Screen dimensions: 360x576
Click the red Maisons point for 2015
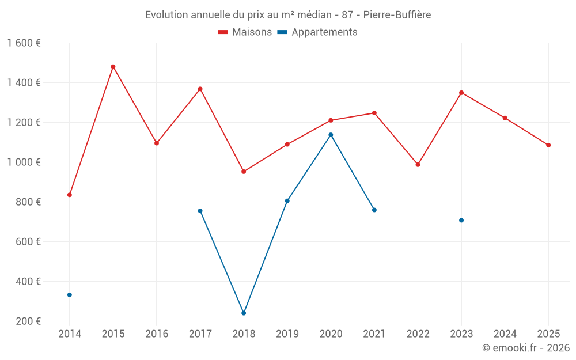coord(113,67)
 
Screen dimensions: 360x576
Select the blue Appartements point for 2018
coord(244,313)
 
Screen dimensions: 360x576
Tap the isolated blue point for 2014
coord(70,295)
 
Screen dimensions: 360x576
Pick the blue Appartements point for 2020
coord(331,135)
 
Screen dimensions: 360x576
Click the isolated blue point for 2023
coord(461,221)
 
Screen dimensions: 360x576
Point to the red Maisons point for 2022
coord(418,165)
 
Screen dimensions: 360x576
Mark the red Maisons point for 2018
coord(244,172)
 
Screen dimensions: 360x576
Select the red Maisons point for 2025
coord(548,145)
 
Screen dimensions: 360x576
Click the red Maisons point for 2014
coord(70,195)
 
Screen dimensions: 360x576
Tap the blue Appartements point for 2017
coord(200,211)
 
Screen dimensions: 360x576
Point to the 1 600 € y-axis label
coord(24,43)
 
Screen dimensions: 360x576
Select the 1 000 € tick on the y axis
coord(24,162)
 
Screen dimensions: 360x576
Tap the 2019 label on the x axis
coord(287,334)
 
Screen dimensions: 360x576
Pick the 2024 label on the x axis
coord(505,334)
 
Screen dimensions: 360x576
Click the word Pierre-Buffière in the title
coord(397,14)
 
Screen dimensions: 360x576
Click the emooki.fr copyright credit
coord(526,348)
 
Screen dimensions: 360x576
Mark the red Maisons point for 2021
coord(374,113)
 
